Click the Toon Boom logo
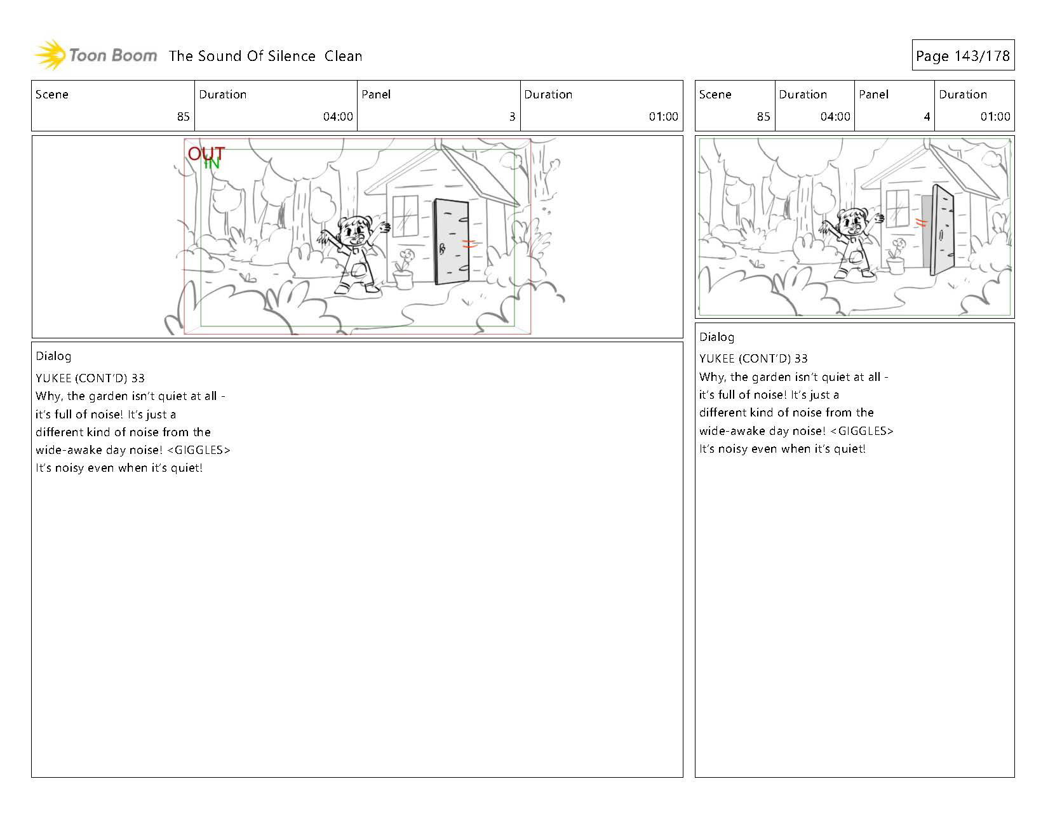pos(95,55)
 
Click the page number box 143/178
pos(963,55)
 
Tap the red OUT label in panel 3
pos(206,153)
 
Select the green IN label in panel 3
pos(212,163)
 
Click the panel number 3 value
pos(512,116)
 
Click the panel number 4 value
pos(927,116)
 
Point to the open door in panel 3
pos(452,241)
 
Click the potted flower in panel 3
pos(403,270)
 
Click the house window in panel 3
pos(405,215)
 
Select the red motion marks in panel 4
pos(922,222)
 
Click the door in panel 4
pos(943,230)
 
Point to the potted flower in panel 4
pos(896,256)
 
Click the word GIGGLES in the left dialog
pos(199,450)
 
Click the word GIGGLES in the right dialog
pos(862,431)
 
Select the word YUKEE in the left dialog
pos(53,378)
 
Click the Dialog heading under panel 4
pos(716,337)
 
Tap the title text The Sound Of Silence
pos(242,56)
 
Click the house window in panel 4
pos(897,207)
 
